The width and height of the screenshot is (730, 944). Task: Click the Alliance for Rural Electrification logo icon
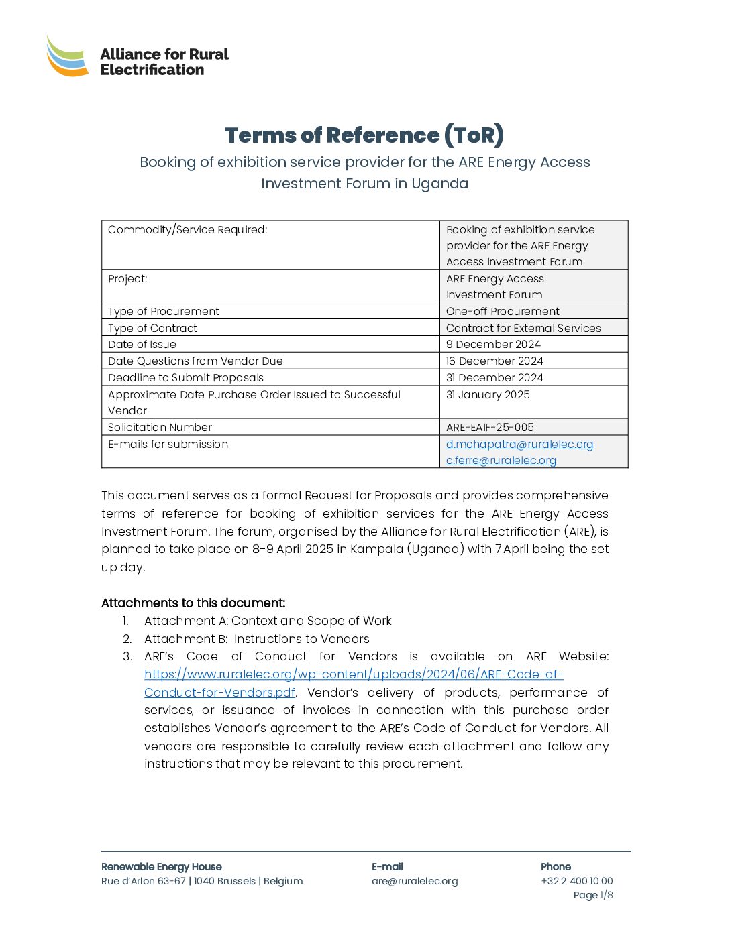(x=67, y=56)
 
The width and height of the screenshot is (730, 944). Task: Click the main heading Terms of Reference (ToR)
(x=364, y=135)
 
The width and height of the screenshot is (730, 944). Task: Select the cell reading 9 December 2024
(x=493, y=344)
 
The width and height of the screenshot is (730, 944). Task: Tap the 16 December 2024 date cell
(x=494, y=361)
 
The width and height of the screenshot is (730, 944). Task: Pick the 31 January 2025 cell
(x=488, y=394)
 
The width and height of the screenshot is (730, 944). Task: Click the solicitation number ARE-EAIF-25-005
(x=490, y=427)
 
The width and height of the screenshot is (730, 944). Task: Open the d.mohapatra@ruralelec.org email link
(x=519, y=444)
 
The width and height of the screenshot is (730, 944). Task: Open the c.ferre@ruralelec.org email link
(x=501, y=460)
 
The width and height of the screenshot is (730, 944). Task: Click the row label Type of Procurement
(x=164, y=311)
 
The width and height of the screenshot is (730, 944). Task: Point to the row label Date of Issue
(x=142, y=344)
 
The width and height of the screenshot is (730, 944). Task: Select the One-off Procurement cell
(x=503, y=311)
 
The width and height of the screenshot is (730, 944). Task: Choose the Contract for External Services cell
(x=523, y=328)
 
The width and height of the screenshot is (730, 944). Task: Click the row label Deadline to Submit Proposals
(x=186, y=377)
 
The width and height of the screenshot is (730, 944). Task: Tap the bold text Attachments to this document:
(x=193, y=603)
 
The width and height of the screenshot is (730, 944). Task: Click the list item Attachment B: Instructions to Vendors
(x=256, y=639)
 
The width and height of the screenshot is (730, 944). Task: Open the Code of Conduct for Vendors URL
(x=354, y=674)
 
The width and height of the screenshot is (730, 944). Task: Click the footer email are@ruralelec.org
(x=415, y=881)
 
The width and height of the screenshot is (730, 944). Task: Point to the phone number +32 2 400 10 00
(x=576, y=881)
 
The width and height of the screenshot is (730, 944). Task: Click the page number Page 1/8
(x=592, y=895)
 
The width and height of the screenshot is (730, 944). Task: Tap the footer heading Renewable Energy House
(x=161, y=866)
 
